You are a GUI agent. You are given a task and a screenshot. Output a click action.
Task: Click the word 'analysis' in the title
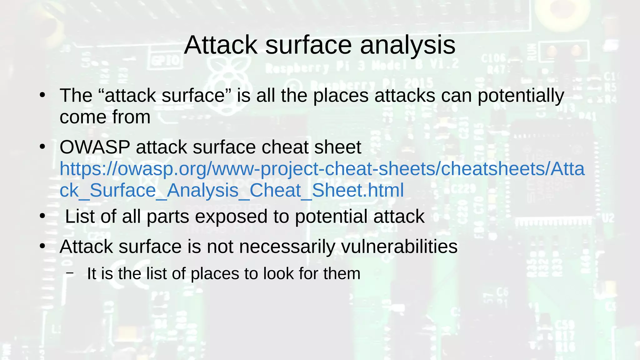point(407,45)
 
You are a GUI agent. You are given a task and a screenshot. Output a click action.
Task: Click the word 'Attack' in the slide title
point(220,45)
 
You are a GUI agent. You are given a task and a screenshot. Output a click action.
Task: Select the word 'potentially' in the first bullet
point(521,96)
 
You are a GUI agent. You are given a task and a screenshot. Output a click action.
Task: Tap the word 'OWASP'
point(95,147)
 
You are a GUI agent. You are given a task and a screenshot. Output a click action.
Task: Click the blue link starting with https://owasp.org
point(322,169)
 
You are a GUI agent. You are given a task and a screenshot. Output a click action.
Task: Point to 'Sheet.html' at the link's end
point(358,190)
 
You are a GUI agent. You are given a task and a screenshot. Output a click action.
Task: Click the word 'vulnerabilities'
point(399,247)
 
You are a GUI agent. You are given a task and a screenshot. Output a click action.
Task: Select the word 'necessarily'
point(287,247)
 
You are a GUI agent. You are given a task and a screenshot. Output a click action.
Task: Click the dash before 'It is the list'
point(70,273)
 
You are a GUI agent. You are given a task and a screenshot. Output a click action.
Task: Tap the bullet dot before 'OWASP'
point(42,147)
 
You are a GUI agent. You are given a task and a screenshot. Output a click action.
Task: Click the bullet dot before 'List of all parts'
point(42,216)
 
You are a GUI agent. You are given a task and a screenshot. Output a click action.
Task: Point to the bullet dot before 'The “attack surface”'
point(42,95)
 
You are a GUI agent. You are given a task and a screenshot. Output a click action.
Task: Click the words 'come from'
point(105,117)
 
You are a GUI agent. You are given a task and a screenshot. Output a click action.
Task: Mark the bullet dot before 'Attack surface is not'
point(42,246)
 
